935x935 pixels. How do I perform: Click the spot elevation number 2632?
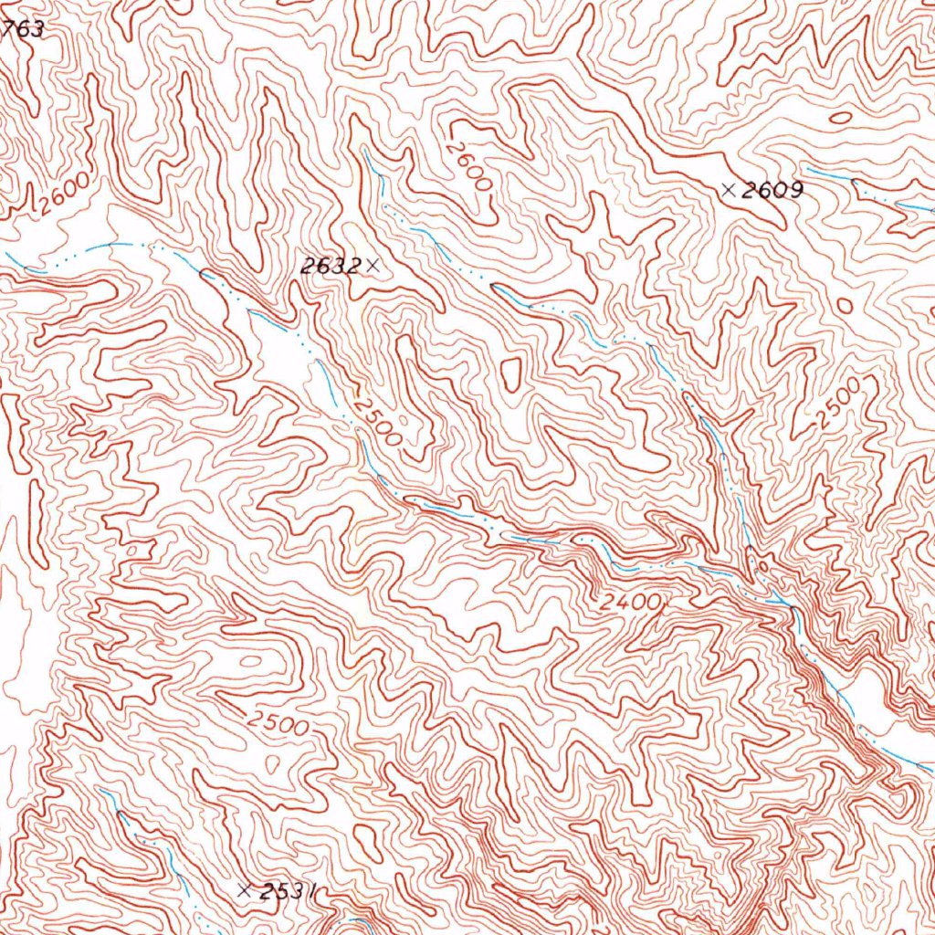pyautogui.click(x=330, y=266)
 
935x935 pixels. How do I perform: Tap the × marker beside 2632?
pyautogui.click(x=371, y=266)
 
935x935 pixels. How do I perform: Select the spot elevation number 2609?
pyautogui.click(x=772, y=190)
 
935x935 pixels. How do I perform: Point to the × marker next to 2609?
pyautogui.click(x=728, y=190)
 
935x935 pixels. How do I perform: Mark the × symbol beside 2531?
pyautogui.click(x=244, y=889)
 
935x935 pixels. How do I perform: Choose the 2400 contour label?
pyautogui.click(x=630, y=603)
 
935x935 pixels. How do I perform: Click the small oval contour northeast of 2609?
pyautogui.click(x=841, y=117)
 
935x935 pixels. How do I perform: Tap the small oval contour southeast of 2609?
pyautogui.click(x=845, y=304)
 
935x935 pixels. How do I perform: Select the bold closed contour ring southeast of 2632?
pyautogui.click(x=510, y=373)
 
